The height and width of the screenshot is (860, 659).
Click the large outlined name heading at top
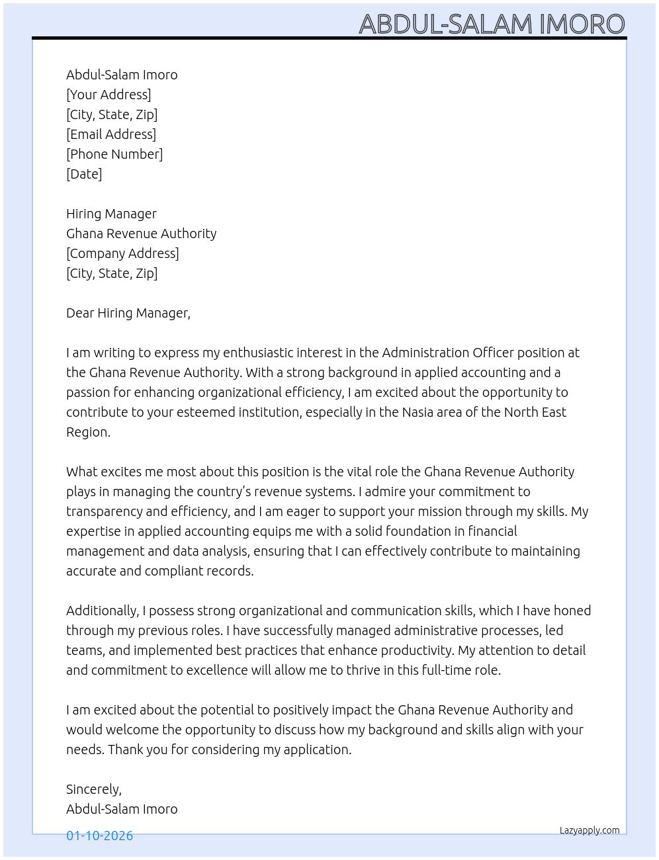click(492, 24)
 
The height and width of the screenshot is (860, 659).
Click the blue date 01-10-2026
click(99, 836)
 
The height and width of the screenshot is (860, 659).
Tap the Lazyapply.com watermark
click(590, 830)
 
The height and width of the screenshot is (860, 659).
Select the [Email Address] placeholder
click(111, 134)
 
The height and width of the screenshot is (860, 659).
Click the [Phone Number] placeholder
click(114, 154)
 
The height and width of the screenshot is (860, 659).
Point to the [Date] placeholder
click(84, 174)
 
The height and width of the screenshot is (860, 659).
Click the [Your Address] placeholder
click(109, 95)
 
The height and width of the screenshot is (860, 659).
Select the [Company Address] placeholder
click(122, 253)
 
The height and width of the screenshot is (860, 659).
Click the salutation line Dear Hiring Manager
click(128, 313)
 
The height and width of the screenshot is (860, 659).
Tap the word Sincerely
click(93, 789)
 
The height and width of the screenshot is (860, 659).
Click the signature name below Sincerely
click(122, 809)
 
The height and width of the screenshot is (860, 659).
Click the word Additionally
click(102, 611)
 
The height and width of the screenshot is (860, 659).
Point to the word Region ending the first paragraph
click(87, 432)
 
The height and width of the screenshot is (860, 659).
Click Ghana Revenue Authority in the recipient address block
click(141, 234)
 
